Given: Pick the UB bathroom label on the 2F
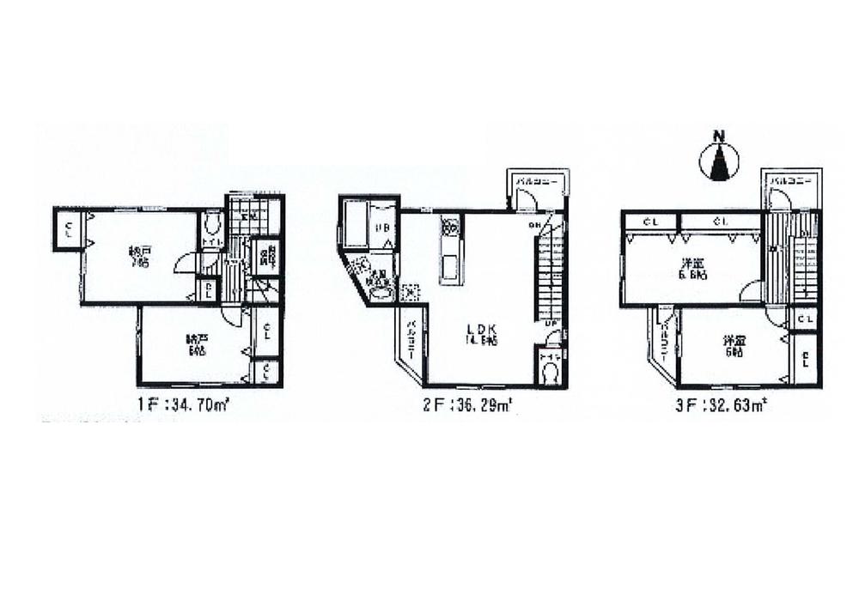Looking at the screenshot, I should coord(384,228).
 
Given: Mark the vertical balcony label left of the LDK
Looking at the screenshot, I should coord(411,338).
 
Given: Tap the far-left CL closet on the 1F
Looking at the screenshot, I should coord(68,229).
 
